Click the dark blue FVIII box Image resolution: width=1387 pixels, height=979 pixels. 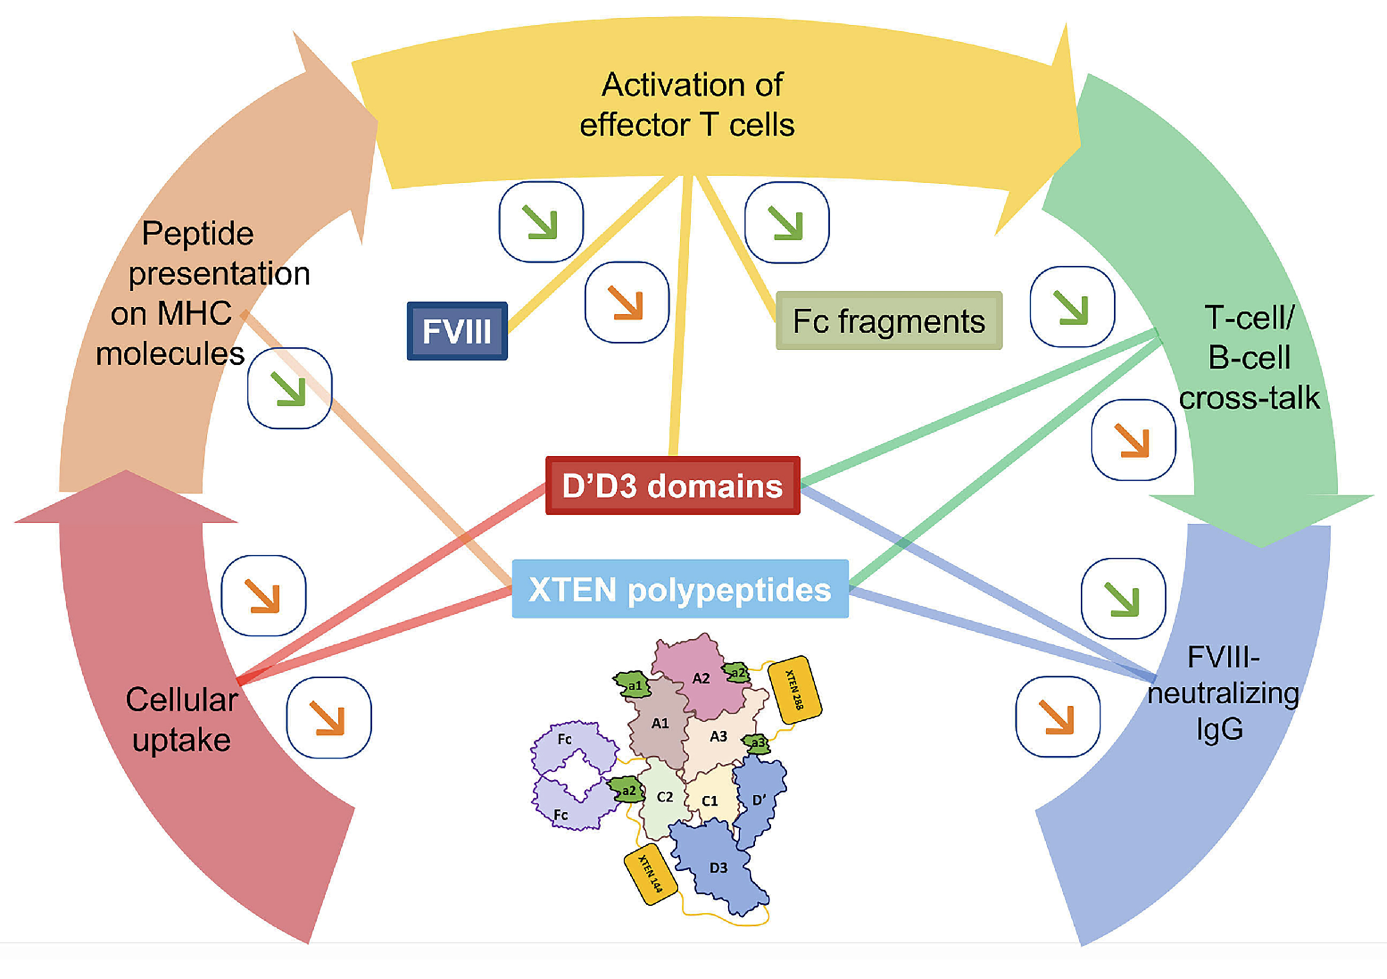coord(457,331)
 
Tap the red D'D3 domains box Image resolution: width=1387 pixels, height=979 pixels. coord(673,486)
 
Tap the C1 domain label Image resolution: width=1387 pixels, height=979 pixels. coord(710,801)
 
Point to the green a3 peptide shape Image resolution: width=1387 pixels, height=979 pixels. coord(757,743)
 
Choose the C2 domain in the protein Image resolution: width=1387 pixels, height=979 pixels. coord(664,797)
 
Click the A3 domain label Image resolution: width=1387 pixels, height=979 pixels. coord(718,736)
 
